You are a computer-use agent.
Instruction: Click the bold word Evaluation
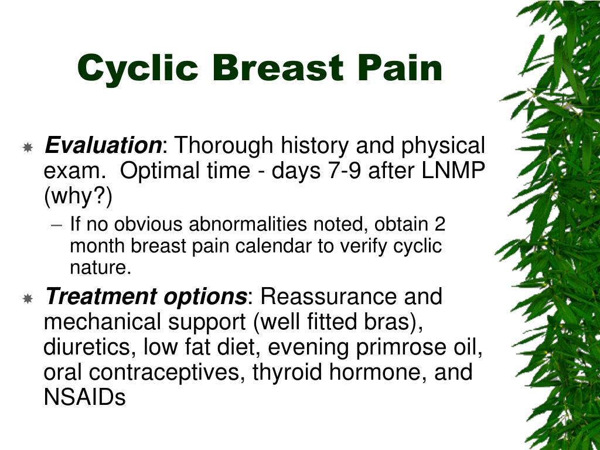pyautogui.click(x=104, y=145)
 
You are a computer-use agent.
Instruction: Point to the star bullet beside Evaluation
pyautogui.click(x=28, y=147)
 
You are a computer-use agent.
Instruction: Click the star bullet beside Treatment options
pyautogui.click(x=28, y=299)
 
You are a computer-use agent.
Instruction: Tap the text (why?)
pyautogui.click(x=78, y=197)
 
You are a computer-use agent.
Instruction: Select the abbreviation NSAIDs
pyautogui.click(x=84, y=398)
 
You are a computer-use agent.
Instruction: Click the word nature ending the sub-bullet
pyautogui.click(x=98, y=268)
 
